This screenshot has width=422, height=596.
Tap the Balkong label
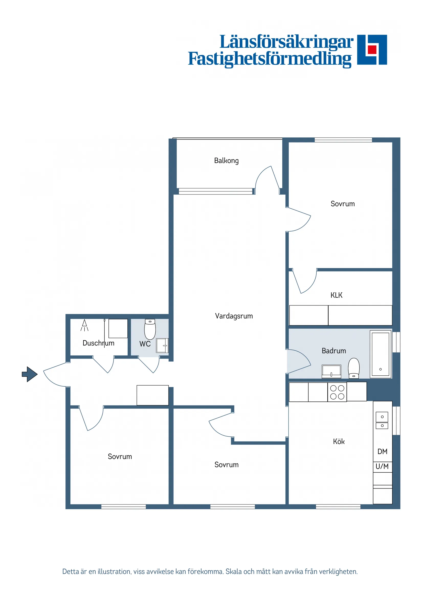coord(226,161)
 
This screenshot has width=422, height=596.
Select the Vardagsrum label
coord(234,316)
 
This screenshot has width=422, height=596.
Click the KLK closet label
coord(336,295)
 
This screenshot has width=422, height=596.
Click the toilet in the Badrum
coord(354,368)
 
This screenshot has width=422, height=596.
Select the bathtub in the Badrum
coord(380,354)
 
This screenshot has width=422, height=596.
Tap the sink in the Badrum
coord(331,371)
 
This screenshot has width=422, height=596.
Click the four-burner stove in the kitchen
coord(337,392)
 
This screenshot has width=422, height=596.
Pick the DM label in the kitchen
coord(382,451)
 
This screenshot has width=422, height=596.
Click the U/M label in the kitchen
coord(382,467)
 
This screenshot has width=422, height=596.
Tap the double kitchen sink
coord(382,421)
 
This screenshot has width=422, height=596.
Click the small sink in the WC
coord(162,345)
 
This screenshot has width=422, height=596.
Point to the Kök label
coord(339,442)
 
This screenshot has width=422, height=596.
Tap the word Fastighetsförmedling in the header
coord(270,59)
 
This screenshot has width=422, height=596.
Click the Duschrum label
coord(98,343)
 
